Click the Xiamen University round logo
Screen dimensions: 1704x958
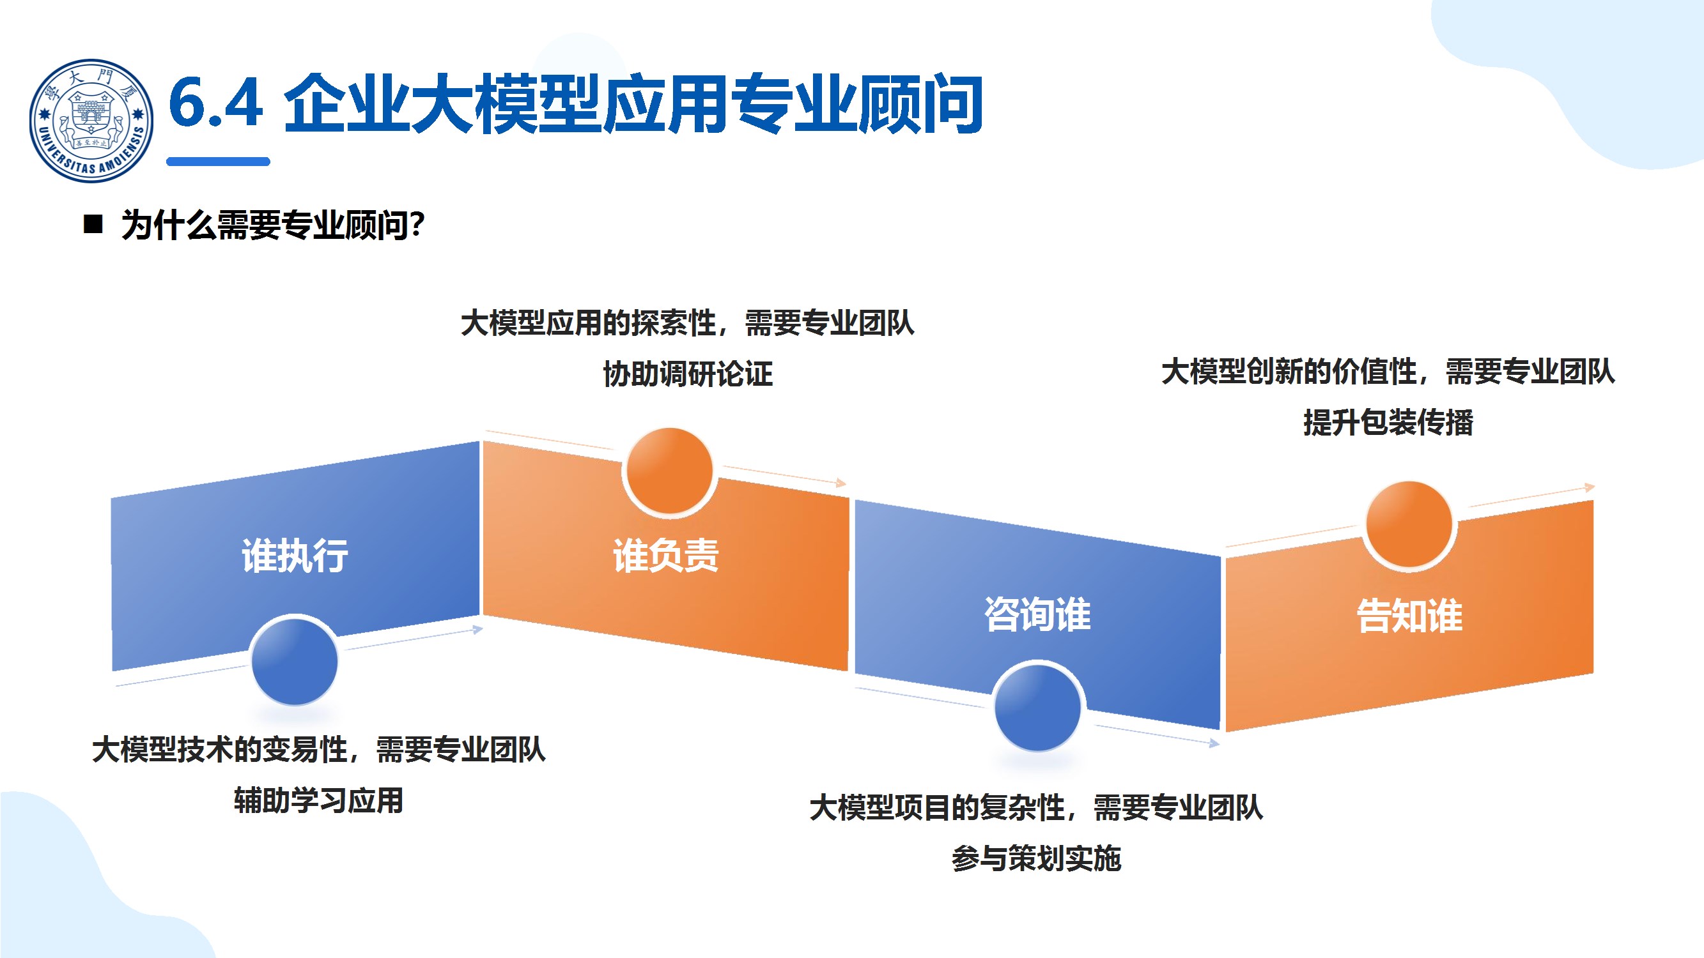point(91,120)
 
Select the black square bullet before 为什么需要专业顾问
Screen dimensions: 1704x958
point(93,225)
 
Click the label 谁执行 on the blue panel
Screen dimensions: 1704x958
point(295,556)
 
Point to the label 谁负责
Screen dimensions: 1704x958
point(665,556)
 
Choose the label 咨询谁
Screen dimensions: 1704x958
point(1037,614)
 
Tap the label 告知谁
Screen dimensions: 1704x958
point(1409,616)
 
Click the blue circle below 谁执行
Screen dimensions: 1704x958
point(295,661)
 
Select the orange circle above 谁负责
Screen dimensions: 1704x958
point(669,471)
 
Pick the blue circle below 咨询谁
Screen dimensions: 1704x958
point(1037,707)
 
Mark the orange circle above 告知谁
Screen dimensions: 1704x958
point(1409,524)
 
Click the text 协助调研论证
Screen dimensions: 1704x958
point(687,374)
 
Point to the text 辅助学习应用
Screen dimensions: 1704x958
point(318,801)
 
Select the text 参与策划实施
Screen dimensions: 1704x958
point(1036,858)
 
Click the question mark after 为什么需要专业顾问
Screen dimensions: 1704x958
point(417,225)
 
